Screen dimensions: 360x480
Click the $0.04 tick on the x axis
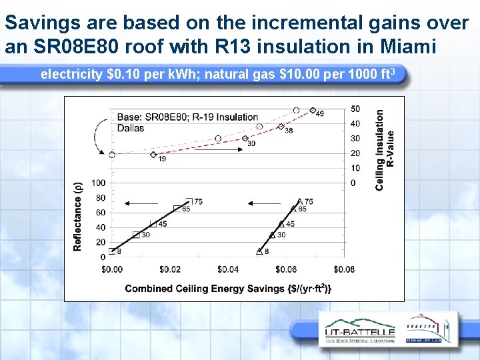click(x=228, y=269)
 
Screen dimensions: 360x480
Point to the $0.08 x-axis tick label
click(x=344, y=269)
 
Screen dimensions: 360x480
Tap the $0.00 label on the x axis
click(x=112, y=269)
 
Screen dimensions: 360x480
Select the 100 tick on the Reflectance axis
click(x=99, y=183)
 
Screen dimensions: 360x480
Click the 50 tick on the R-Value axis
click(x=355, y=109)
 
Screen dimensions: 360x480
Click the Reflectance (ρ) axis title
click(x=78, y=217)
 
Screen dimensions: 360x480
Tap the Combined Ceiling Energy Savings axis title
click(x=228, y=288)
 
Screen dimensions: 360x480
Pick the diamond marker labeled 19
click(x=154, y=155)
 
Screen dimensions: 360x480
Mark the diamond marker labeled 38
click(x=281, y=126)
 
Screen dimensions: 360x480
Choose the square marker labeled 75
click(x=189, y=201)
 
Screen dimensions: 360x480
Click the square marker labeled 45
click(x=153, y=225)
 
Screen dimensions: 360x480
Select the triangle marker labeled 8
click(x=259, y=251)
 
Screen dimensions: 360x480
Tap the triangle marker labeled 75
click(x=300, y=201)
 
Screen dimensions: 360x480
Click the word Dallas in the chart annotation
click(x=131, y=128)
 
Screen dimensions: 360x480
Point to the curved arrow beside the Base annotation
click(x=100, y=137)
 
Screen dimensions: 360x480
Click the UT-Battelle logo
click(x=360, y=331)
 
